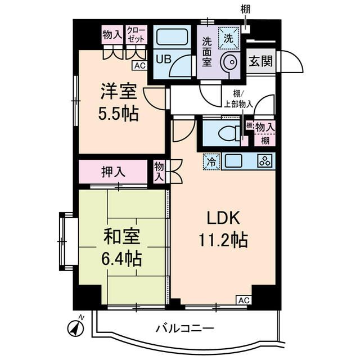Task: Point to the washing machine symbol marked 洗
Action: coord(228,39)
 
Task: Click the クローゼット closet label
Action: coord(136,34)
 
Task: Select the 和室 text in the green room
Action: coord(121,236)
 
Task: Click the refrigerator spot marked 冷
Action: coord(211,161)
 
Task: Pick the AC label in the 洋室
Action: coord(139,66)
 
